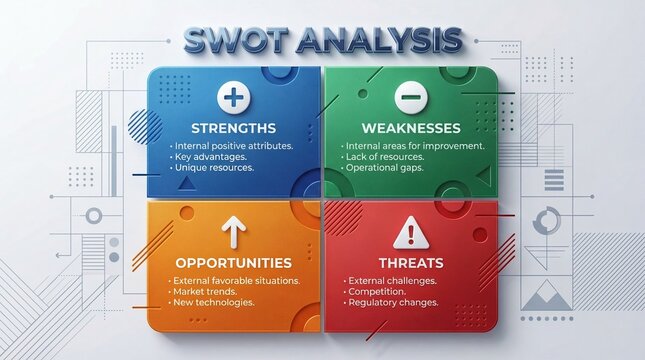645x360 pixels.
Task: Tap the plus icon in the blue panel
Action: click(232, 97)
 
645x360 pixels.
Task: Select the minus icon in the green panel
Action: click(409, 97)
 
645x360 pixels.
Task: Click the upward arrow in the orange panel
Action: click(232, 232)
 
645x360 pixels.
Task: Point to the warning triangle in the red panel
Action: click(409, 234)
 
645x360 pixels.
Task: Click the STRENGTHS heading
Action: click(232, 128)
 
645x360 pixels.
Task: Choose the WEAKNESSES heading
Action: click(412, 128)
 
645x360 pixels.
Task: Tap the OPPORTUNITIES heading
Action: click(233, 263)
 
